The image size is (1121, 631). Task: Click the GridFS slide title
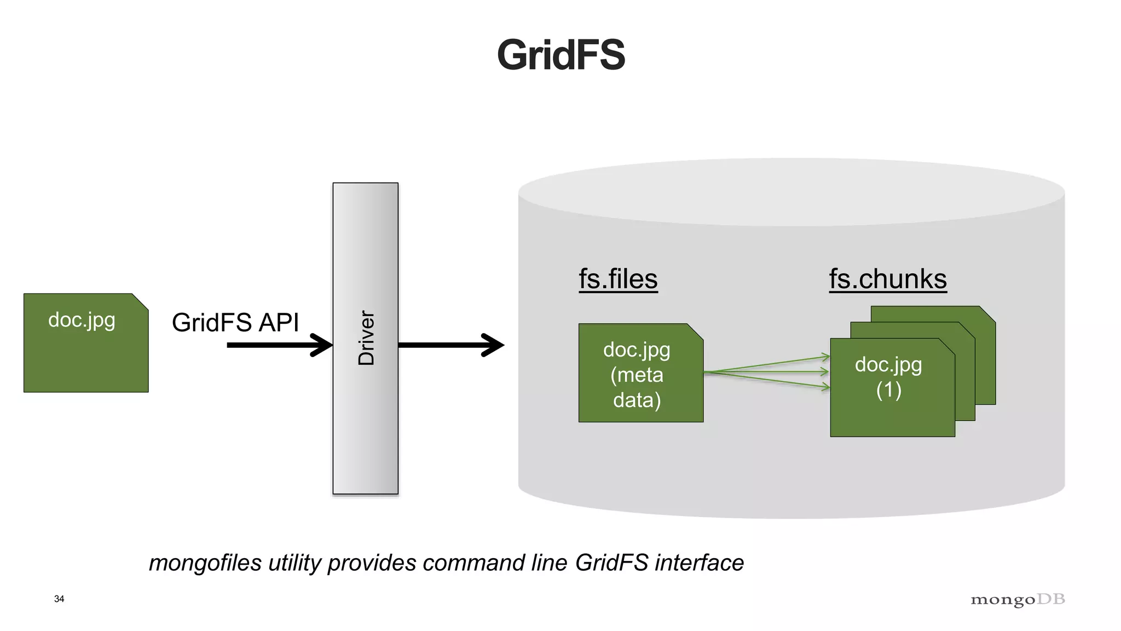point(560,55)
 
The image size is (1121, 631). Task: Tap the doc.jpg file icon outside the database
point(86,343)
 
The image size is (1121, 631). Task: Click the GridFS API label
point(235,322)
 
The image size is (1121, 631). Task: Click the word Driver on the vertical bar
point(366,338)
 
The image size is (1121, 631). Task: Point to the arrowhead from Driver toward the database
point(494,345)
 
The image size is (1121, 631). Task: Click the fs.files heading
point(618,279)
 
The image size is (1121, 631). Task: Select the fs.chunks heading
point(887,279)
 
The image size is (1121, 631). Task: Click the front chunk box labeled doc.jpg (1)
point(892,405)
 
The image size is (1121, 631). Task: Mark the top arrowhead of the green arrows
point(825,357)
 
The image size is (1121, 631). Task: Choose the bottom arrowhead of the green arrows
point(825,387)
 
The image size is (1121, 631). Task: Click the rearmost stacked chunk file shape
point(985,356)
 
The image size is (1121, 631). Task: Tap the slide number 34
point(59,599)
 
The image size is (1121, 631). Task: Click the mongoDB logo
point(1018,600)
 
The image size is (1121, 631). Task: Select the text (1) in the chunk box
point(888,390)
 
